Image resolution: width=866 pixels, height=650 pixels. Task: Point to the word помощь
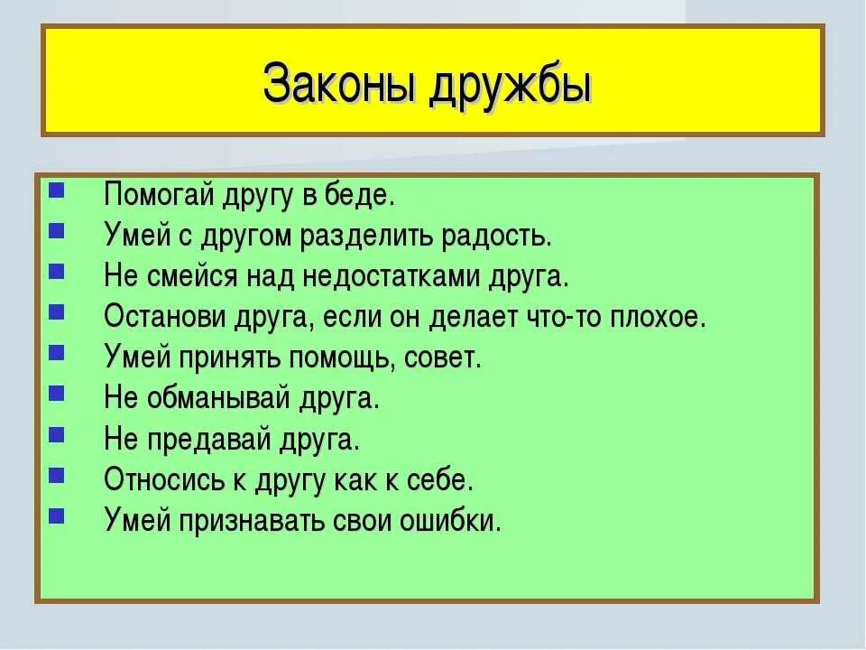338,358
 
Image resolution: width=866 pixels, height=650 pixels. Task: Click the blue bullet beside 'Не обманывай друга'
57,394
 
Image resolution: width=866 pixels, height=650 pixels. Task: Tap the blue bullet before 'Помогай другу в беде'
57,190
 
